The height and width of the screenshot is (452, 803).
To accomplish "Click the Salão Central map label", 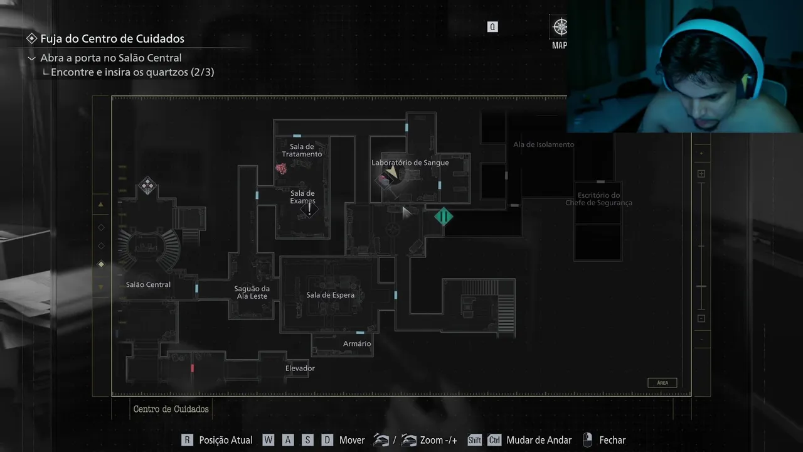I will [148, 284].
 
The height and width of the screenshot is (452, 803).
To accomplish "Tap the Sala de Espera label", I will [330, 295].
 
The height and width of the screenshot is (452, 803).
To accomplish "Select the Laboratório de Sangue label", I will [410, 163].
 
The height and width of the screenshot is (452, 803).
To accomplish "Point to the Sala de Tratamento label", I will [302, 151].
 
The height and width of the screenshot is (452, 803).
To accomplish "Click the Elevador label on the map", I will [300, 369].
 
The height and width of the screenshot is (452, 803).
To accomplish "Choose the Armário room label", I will [357, 344].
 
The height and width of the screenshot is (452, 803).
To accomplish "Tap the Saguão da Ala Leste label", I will [251, 293].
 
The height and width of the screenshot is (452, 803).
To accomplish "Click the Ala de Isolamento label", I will [543, 144].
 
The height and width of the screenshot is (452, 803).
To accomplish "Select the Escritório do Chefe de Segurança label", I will [598, 199].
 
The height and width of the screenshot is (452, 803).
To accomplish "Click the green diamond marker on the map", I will [444, 217].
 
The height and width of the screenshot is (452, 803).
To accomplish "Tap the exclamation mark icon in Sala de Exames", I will [309, 209].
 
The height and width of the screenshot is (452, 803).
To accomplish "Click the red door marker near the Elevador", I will [193, 368].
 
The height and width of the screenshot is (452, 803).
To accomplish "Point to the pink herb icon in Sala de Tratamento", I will [282, 168].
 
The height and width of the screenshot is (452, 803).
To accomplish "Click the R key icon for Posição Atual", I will [187, 440].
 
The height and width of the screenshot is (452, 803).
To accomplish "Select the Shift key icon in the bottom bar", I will [474, 440].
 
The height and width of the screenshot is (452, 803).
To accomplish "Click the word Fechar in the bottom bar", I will [612, 440].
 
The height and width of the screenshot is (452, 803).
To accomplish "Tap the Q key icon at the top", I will [492, 27].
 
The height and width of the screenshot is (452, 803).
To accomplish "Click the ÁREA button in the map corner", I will [662, 382].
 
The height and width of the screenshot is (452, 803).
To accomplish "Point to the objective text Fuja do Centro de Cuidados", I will [112, 38].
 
